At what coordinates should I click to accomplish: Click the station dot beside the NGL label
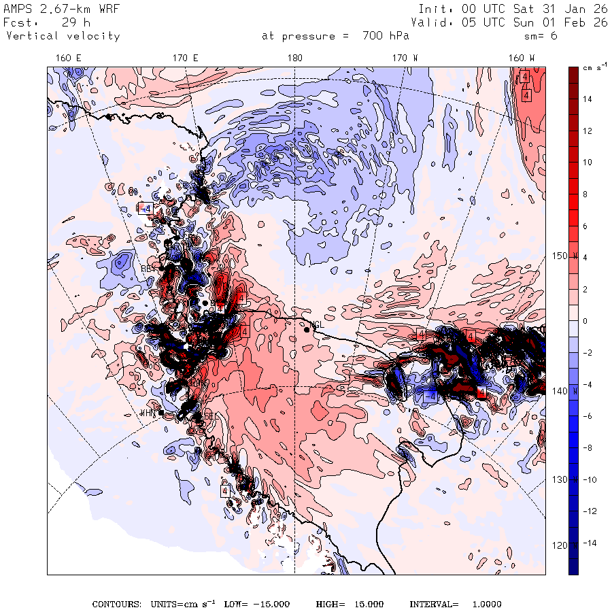(x=307, y=329)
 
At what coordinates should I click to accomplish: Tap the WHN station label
(x=148, y=413)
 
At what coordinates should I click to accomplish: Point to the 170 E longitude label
(x=186, y=58)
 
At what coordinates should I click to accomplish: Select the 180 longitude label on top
(x=294, y=58)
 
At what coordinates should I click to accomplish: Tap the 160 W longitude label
(x=522, y=58)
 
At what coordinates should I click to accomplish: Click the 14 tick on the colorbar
(x=587, y=99)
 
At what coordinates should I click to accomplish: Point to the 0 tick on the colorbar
(x=585, y=321)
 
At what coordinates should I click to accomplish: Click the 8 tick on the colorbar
(x=585, y=194)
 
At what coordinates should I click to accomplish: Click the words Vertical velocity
(x=63, y=36)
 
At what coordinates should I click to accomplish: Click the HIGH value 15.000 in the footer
(x=367, y=604)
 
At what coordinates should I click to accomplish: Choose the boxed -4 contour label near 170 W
(x=430, y=396)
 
